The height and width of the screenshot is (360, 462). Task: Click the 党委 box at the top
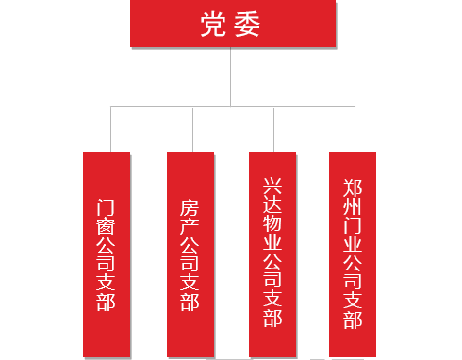[230, 24]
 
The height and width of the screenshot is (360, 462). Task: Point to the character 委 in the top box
[247, 25]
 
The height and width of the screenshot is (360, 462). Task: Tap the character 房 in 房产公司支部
[190, 206]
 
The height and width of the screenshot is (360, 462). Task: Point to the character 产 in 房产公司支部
[190, 231]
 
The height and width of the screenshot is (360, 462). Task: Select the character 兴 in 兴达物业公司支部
[272, 184]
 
